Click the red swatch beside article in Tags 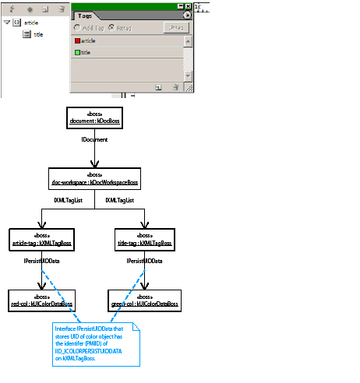point(78,40)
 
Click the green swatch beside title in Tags point(78,52)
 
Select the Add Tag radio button point(77,27)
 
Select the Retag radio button point(111,27)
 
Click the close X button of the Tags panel point(188,6)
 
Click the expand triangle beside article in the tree point(7,23)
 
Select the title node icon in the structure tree point(26,34)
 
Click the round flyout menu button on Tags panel point(187,15)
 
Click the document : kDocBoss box point(94,117)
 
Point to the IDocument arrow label point(94,139)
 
